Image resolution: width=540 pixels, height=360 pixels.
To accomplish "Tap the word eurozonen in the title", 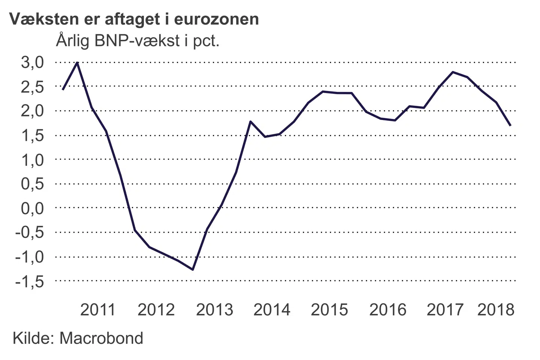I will pos(216,19).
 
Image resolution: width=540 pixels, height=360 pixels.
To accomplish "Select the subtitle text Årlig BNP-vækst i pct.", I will pos(137,40).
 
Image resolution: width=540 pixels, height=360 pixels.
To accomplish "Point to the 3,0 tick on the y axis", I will pos(32,62).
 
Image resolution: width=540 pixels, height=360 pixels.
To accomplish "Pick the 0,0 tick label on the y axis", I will pos(32,208).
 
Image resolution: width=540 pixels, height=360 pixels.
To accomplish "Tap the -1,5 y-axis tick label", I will pos(30,281).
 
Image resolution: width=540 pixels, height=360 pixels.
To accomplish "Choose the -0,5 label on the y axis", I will pos(30,232).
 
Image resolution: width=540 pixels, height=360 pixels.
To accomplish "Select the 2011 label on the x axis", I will pos(98,310).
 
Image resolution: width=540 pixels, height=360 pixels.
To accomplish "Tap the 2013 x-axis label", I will pos(214,310).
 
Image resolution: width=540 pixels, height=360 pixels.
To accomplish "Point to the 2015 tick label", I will pos(329,310).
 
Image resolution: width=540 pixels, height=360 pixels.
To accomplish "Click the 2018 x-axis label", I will pos(496,310).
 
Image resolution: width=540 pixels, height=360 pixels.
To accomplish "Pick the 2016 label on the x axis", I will pos(388,310).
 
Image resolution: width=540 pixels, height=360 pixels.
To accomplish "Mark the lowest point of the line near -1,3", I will pos(193,269).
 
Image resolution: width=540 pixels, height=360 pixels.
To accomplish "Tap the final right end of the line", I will pos(510,125).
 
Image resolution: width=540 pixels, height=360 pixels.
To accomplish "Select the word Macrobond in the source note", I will pos(101,338).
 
